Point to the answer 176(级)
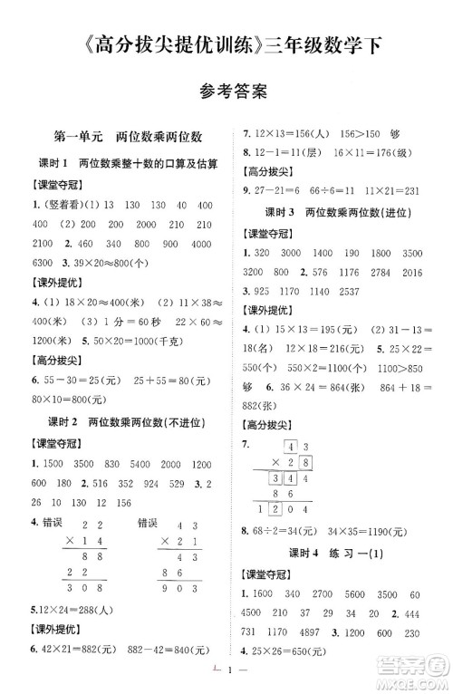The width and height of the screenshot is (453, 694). (x=392, y=150)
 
